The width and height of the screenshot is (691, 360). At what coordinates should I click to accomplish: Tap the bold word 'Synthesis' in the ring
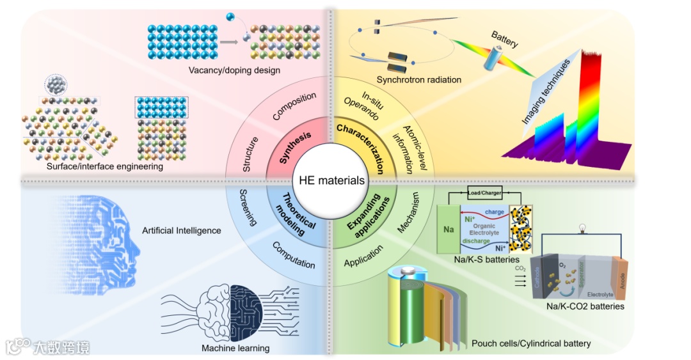[x=295, y=146]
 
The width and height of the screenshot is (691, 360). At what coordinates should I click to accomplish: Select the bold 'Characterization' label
[x=361, y=149]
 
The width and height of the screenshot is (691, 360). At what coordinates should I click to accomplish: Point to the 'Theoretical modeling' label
[x=292, y=215]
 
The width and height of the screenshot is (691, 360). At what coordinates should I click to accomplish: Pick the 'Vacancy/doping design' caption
[x=234, y=70]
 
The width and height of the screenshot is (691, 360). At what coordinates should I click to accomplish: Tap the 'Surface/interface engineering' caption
[x=105, y=166]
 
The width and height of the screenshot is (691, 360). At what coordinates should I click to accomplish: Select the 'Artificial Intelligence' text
[x=183, y=230]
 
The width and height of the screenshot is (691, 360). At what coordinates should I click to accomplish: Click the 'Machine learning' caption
[x=235, y=348]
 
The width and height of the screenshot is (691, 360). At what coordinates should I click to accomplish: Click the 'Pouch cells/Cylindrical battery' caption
[x=531, y=344]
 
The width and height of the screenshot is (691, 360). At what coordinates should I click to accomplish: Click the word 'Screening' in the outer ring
[x=248, y=208]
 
